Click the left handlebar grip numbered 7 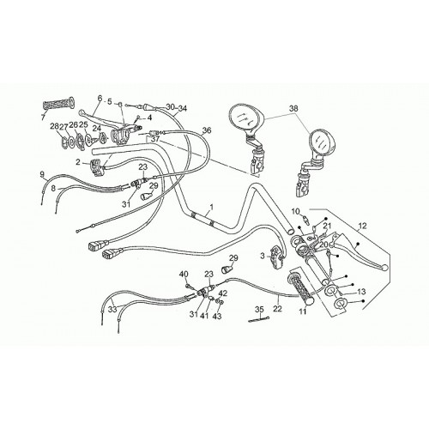(58, 103)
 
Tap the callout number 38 (293, 109)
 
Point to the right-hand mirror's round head (322, 143)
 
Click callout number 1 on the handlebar (212, 206)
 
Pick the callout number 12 (362, 226)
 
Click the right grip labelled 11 (300, 290)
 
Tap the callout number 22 (277, 309)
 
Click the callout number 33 (113, 310)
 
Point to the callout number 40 (184, 275)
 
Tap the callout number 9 (42, 173)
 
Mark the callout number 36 (207, 130)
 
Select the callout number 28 (54, 126)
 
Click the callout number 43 (218, 316)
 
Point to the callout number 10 (295, 212)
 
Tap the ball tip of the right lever (385, 267)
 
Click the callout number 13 (362, 292)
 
